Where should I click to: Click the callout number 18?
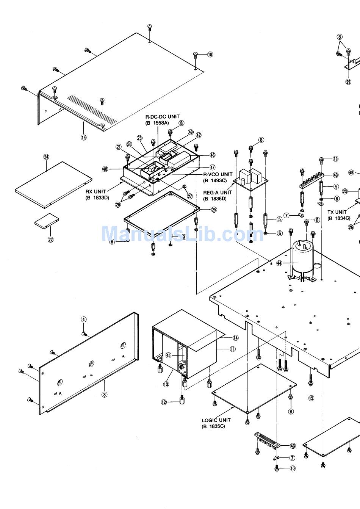[210, 55]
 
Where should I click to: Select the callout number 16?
[83, 138]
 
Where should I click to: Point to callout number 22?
[50, 239]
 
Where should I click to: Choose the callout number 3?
[105, 394]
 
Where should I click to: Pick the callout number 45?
[169, 355]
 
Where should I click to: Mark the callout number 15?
[311, 398]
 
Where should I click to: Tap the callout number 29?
[348, 81]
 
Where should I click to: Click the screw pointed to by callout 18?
[196, 55]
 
